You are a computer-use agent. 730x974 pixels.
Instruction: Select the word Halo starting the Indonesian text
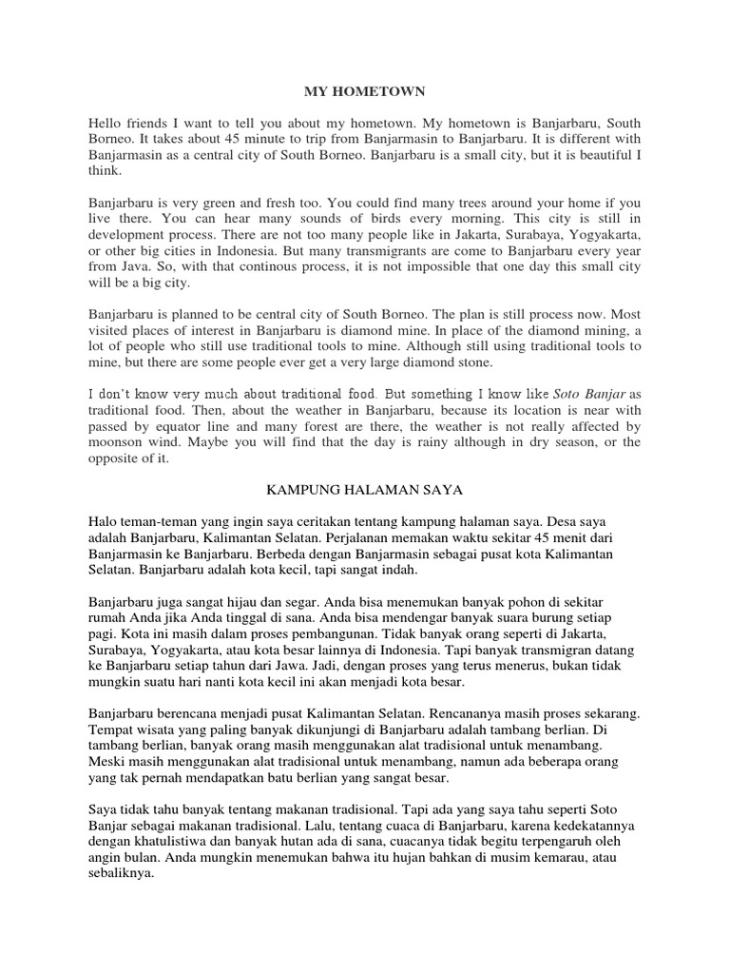[x=105, y=520]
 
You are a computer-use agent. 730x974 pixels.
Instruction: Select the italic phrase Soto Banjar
[x=589, y=394]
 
